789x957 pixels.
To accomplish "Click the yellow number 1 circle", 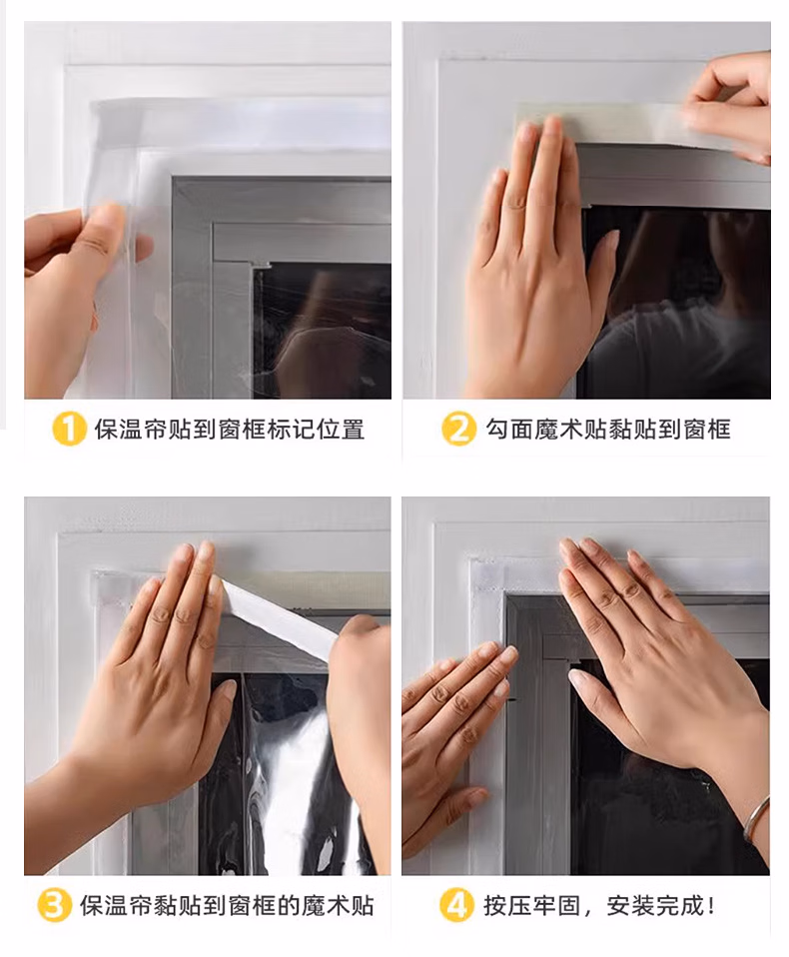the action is click(x=68, y=429).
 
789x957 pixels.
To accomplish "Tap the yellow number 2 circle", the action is click(x=458, y=429).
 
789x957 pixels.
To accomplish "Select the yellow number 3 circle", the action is click(x=54, y=905).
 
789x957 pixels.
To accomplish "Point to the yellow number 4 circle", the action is click(x=456, y=905).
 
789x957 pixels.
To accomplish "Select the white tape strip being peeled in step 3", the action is click(x=278, y=616).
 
